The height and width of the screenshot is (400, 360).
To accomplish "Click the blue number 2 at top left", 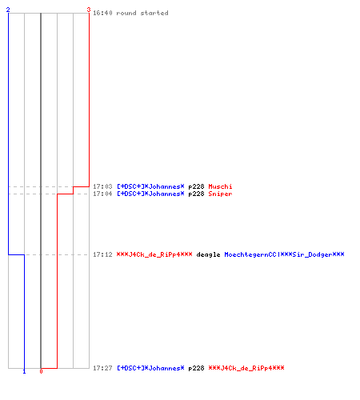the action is (8, 10).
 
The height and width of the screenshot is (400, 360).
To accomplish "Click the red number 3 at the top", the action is (89, 10).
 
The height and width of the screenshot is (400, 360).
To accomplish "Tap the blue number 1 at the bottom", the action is (24, 371).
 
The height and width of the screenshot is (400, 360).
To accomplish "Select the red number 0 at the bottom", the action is (41, 371).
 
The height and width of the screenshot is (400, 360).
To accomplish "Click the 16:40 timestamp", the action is (102, 13).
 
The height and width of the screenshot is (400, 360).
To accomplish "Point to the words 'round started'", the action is (142, 13).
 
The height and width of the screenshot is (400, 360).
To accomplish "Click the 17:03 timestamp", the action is (102, 186).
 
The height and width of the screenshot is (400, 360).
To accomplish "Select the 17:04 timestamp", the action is (102, 194).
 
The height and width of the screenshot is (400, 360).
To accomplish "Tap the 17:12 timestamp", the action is (102, 254).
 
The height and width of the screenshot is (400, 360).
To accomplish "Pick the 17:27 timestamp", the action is (102, 368).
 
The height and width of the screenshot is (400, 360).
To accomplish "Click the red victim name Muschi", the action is (220, 186).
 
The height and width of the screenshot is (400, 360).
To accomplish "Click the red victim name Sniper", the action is (220, 194).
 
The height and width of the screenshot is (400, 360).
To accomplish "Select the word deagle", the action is (208, 254).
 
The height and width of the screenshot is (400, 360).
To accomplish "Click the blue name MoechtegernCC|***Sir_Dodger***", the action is (284, 254).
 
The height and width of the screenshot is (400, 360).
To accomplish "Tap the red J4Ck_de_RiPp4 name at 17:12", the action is (154, 254).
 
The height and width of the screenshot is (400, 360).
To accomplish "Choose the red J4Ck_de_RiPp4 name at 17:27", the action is (246, 368).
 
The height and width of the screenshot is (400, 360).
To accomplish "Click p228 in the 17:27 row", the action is (196, 369).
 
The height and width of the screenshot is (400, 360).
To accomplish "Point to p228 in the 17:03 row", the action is (196, 187).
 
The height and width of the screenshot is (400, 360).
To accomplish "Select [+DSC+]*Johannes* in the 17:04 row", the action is (150, 194).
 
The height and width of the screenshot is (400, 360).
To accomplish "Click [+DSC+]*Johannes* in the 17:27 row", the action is (150, 368).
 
